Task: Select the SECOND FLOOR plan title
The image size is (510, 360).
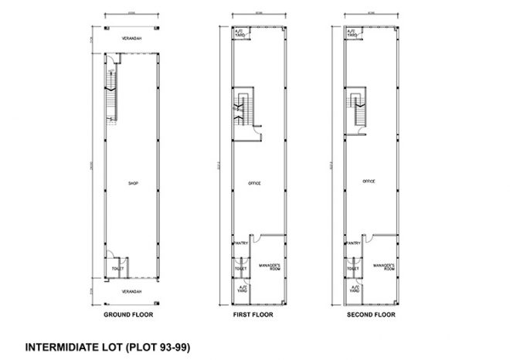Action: pos(372,316)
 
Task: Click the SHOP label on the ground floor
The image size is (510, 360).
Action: pos(132,183)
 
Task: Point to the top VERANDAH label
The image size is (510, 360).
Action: pos(131,39)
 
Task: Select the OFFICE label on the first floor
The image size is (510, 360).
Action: pos(255,183)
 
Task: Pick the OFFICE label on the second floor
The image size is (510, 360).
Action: pos(369,181)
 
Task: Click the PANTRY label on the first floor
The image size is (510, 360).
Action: pos(240,243)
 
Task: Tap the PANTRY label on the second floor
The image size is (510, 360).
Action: pos(354,243)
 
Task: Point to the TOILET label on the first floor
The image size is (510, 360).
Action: pos(240,269)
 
